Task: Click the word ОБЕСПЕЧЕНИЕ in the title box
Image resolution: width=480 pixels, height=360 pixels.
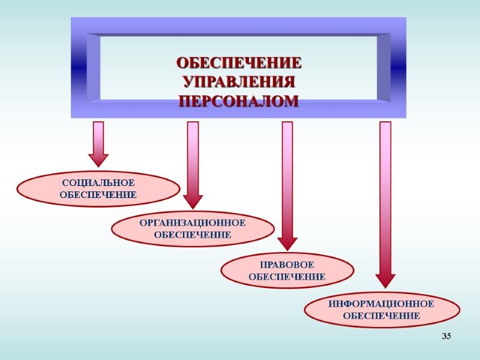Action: (239, 63)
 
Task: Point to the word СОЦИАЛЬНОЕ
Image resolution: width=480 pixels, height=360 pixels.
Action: (98, 182)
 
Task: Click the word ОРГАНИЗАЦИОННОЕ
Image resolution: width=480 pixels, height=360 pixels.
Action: (193, 223)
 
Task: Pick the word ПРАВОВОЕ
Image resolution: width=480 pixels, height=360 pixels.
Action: (287, 265)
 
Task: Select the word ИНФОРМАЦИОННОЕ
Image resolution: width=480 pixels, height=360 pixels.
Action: (382, 304)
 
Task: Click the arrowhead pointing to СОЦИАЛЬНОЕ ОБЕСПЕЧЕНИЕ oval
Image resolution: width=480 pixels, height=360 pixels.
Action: (98, 160)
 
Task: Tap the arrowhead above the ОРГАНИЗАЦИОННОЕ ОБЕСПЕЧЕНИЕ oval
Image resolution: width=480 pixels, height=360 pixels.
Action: (193, 202)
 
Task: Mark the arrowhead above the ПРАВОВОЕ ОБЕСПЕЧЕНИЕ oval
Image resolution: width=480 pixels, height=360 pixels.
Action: (287, 243)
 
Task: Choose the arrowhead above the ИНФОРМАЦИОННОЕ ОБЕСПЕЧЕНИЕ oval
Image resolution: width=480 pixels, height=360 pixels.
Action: (385, 280)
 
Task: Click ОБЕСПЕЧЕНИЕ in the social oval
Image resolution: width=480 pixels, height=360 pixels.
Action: (98, 194)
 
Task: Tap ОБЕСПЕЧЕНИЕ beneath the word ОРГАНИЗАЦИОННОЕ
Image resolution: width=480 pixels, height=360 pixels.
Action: (193, 235)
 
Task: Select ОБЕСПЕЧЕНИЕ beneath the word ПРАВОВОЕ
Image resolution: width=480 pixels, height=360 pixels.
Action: (287, 277)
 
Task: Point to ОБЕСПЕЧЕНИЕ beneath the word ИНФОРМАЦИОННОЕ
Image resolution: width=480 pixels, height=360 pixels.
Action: (382, 316)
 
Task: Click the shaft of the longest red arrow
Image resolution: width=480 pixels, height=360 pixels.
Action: (385, 198)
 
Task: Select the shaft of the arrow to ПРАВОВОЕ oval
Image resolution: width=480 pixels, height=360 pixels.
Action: (287, 180)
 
